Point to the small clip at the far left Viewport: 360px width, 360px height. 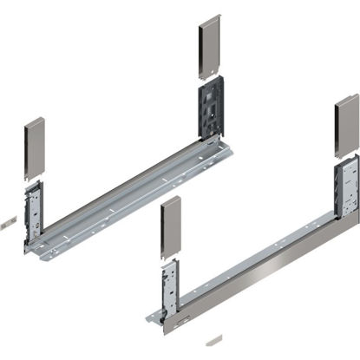(6, 222)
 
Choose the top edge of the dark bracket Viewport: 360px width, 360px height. (213, 79)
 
